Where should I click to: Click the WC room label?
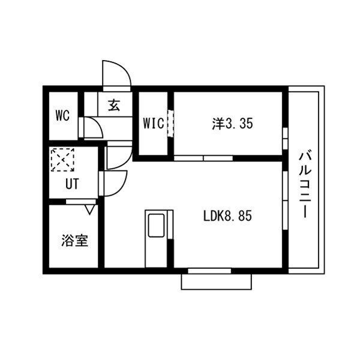pos(63,114)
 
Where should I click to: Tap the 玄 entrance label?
pos(113,106)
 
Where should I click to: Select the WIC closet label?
pos(154,124)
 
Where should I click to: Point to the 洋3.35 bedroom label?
pos(232,124)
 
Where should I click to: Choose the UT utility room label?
pos(72,184)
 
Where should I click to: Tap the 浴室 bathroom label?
pos(74,241)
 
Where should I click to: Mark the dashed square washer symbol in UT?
pos(62,160)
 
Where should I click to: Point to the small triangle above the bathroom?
pos(90,209)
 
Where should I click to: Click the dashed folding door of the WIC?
pos(170,122)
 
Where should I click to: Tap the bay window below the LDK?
pos(216,280)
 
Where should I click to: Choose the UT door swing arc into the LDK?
pos(116,183)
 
